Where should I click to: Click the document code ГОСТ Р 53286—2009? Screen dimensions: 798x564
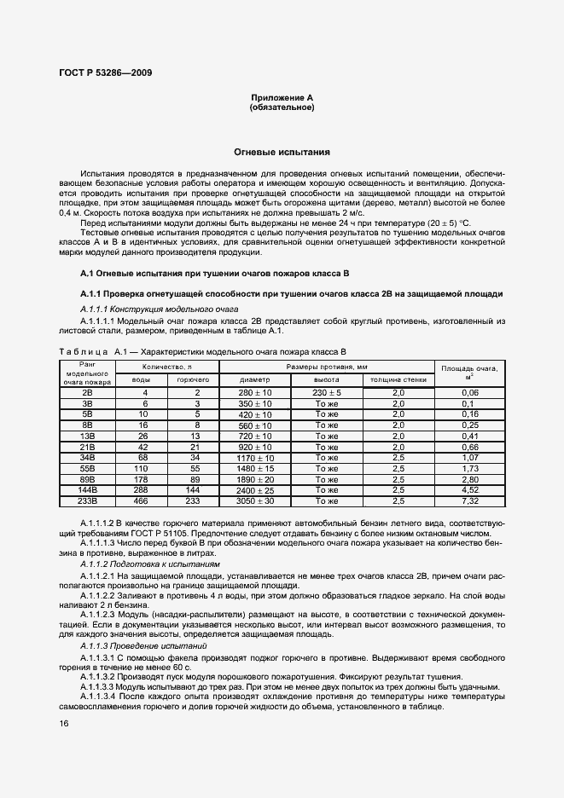[105, 72]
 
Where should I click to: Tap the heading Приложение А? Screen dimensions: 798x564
[282, 98]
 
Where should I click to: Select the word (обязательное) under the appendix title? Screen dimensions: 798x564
[282, 108]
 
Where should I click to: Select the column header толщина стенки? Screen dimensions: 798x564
[398, 379]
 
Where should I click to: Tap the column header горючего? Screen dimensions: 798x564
[193, 379]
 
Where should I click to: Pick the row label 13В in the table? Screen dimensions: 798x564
[87, 435]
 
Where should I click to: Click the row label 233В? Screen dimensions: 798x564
[87, 501]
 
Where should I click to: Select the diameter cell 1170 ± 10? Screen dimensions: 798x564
[254, 457]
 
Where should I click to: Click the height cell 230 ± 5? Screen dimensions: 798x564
[327, 391]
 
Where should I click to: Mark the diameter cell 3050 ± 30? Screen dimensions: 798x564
[254, 501]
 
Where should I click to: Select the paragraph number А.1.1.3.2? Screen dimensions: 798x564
[102, 675]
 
